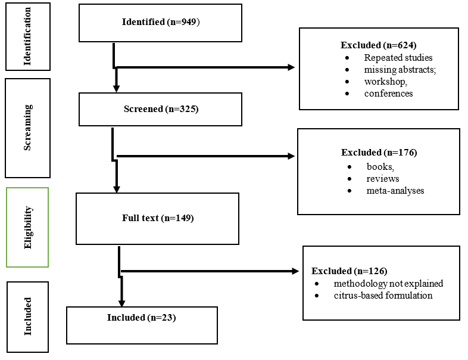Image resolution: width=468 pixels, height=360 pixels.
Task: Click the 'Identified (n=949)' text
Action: click(x=161, y=22)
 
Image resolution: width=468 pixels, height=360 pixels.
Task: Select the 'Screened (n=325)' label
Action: click(x=161, y=109)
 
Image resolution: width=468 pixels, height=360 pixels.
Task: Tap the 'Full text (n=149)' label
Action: click(x=158, y=218)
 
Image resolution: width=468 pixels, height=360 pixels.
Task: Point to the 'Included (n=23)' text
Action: click(x=142, y=318)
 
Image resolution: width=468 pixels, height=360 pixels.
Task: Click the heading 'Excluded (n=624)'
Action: click(x=379, y=45)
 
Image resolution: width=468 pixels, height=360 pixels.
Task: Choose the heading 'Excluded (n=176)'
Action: click(x=379, y=153)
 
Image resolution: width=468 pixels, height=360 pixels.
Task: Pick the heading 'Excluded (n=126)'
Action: click(x=349, y=271)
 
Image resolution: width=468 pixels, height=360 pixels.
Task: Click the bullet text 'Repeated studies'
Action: click(x=398, y=57)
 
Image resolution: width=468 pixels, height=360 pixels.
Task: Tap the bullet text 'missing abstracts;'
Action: click(x=400, y=70)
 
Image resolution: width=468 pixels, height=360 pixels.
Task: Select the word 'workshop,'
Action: click(x=386, y=82)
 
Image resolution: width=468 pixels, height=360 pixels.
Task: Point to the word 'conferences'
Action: click(x=388, y=94)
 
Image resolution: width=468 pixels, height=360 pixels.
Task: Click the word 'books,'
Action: click(x=380, y=167)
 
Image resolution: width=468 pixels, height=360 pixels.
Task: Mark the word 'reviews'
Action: click(x=383, y=179)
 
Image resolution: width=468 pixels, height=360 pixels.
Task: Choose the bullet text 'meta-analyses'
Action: click(x=395, y=191)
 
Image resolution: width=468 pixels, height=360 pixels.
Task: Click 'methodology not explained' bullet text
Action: click(x=388, y=284)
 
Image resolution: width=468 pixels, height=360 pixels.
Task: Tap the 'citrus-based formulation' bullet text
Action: click(x=383, y=296)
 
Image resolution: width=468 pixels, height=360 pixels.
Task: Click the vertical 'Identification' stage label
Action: click(x=27, y=36)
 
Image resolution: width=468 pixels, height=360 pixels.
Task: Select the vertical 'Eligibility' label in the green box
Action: click(x=27, y=227)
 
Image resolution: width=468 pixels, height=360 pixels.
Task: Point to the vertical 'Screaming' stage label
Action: click(x=27, y=128)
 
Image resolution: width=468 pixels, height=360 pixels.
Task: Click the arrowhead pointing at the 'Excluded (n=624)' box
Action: click(x=291, y=67)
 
